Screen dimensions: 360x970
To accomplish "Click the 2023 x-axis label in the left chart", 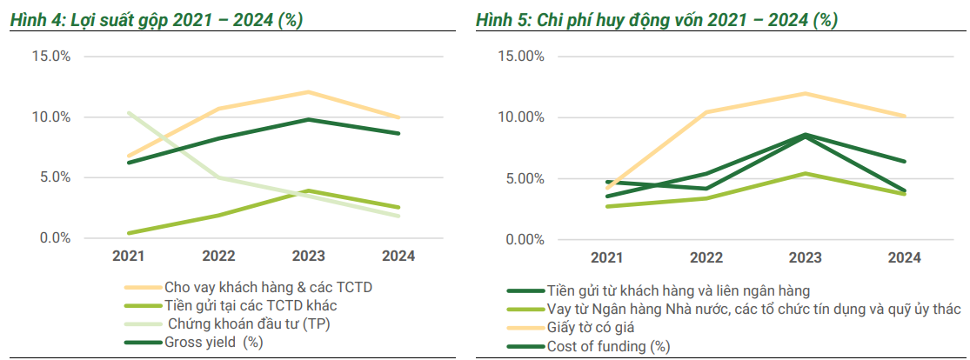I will (307, 257).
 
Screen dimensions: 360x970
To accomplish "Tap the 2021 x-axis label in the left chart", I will (128, 257).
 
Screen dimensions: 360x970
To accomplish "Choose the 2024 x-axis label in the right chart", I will (904, 258).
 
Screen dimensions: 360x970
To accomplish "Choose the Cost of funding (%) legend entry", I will (608, 347).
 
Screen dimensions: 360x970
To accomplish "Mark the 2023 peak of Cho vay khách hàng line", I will (307, 91).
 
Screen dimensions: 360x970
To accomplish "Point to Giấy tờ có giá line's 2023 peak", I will (804, 93).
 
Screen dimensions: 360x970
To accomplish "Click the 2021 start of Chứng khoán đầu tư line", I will (128, 113).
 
